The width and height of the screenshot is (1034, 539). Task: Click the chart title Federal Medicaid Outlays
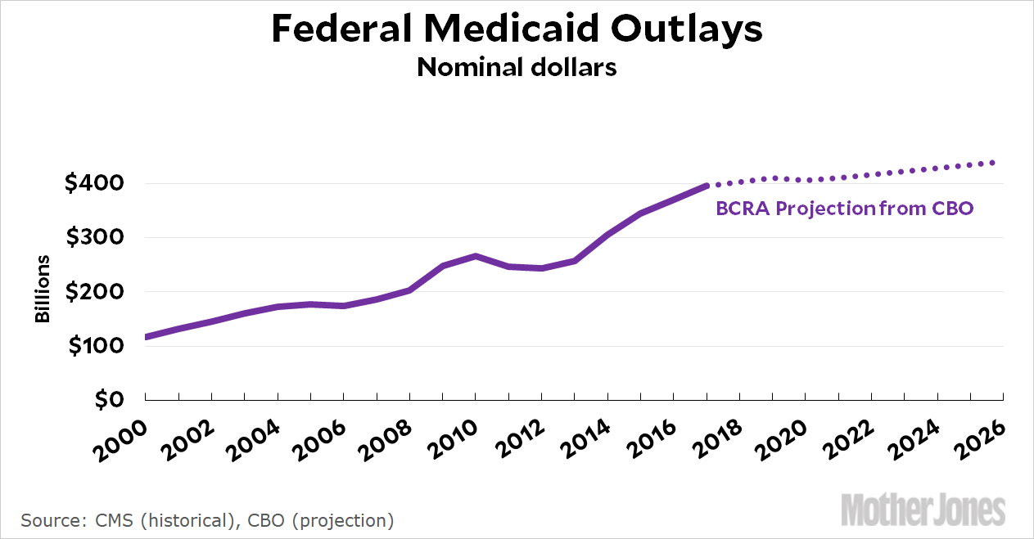(517, 29)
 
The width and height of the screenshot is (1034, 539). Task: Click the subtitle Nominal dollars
(517, 67)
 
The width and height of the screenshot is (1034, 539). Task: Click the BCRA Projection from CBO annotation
(844, 209)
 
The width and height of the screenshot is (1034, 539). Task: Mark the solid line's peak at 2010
(476, 256)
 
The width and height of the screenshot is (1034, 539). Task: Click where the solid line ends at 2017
(707, 186)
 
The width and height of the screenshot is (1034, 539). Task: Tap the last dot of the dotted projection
(993, 163)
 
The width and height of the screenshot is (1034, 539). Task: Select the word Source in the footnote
(48, 520)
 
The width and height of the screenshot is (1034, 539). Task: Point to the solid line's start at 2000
(146, 337)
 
